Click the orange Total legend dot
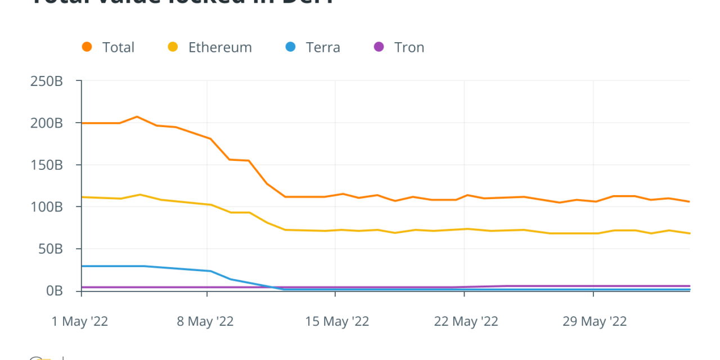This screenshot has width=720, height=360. (x=87, y=47)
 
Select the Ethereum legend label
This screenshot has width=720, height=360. (x=220, y=47)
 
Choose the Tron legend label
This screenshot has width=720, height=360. (x=409, y=47)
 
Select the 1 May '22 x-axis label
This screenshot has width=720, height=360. (x=80, y=322)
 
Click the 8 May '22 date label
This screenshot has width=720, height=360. (x=205, y=322)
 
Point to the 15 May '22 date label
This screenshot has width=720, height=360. (x=337, y=322)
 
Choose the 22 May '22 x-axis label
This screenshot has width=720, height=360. (x=466, y=322)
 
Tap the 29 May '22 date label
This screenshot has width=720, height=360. (x=595, y=322)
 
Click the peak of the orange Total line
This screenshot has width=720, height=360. (x=137, y=116)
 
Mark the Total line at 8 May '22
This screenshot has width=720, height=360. (x=208, y=137)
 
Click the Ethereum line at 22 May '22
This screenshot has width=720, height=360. (x=465, y=229)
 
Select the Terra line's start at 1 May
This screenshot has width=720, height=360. (x=82, y=266)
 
